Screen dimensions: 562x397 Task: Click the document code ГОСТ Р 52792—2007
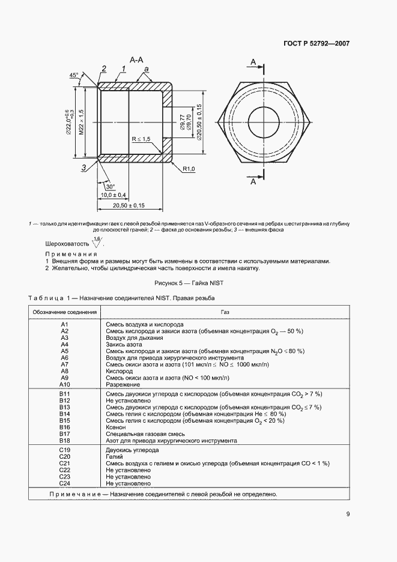click(x=317, y=43)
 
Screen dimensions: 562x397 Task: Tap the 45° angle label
click(x=74, y=75)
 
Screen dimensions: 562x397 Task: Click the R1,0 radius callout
click(x=190, y=169)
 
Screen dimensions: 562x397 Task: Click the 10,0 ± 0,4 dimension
click(x=112, y=195)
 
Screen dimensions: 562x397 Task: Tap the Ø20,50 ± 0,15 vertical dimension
click(x=199, y=122)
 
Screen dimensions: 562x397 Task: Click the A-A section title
click(x=136, y=60)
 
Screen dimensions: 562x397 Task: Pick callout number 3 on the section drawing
click(x=85, y=167)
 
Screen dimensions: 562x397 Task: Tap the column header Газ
click(x=225, y=312)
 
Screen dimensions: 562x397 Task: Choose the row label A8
click(x=65, y=371)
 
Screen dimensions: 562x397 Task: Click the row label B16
click(x=65, y=427)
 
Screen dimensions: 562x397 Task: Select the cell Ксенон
click(x=116, y=427)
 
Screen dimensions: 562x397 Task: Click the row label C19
click(x=65, y=450)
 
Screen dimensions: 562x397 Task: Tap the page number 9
click(x=348, y=513)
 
